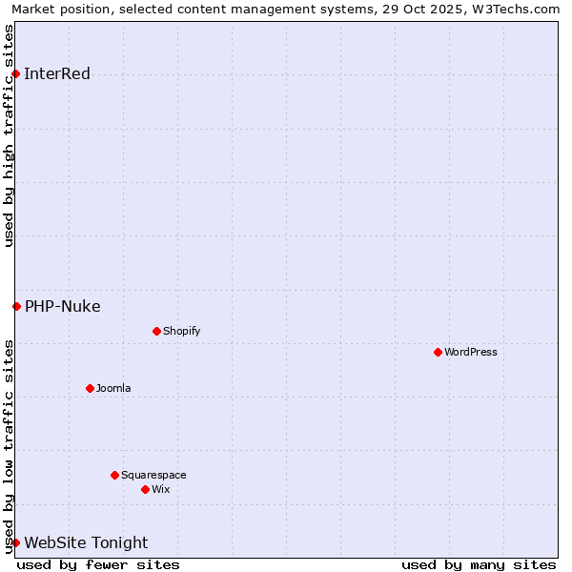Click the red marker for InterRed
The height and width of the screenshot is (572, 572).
point(15,74)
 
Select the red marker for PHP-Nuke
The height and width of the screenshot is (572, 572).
point(16,306)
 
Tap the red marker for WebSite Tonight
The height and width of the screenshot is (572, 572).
point(15,542)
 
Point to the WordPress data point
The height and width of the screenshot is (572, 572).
point(438,352)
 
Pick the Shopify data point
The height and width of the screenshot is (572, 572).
point(156,331)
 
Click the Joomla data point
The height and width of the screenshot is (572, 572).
point(90,388)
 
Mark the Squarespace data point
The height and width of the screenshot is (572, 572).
point(114,475)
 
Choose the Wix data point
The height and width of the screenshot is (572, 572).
point(145,489)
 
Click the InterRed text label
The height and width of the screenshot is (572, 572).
point(57,74)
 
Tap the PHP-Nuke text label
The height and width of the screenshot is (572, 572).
point(63,306)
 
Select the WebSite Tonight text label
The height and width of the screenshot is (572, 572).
point(86,542)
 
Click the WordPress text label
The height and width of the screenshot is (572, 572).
point(471,352)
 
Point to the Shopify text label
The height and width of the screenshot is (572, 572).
point(181,331)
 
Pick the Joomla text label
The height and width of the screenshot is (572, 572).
point(113,388)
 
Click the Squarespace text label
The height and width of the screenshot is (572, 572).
point(153,475)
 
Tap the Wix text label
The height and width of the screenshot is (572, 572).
point(160,489)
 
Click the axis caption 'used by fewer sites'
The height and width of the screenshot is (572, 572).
point(98,564)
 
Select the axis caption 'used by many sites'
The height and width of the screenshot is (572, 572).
point(479,564)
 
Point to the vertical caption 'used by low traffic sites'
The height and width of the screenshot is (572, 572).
point(10,445)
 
